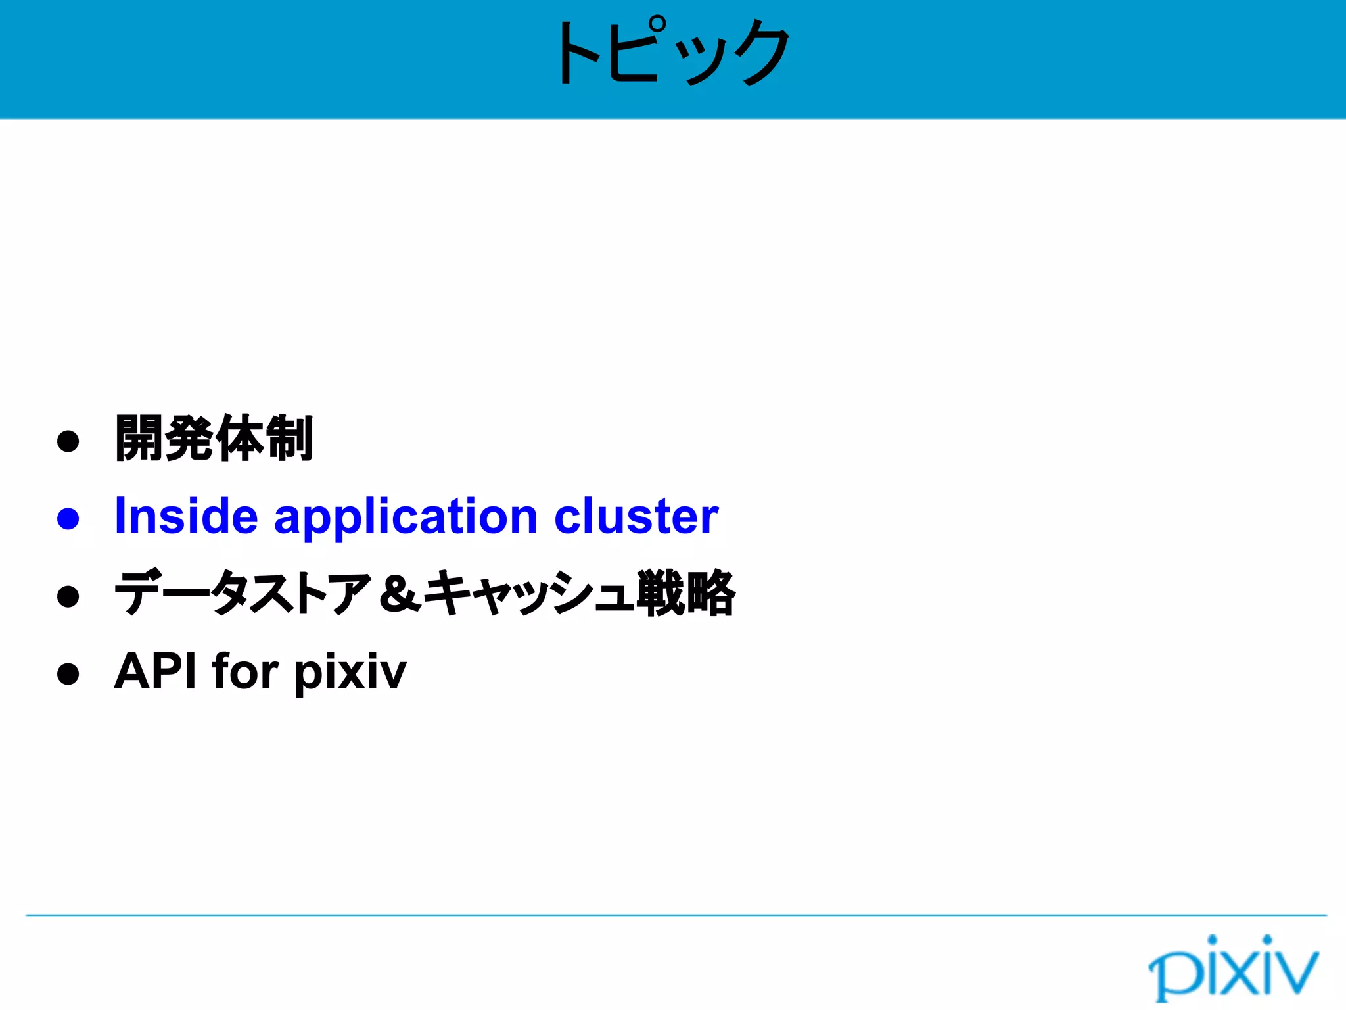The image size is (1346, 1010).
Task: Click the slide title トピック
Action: tap(672, 53)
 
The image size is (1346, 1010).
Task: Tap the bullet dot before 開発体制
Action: tap(68, 441)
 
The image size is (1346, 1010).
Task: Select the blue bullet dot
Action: tap(68, 518)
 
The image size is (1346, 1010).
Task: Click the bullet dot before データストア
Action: tap(68, 596)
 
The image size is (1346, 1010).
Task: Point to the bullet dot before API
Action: tap(68, 673)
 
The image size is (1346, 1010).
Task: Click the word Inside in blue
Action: tap(186, 517)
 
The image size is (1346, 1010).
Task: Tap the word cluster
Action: tap(636, 517)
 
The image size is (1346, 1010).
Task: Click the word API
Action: tap(155, 671)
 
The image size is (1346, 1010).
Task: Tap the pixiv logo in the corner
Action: tap(1233, 968)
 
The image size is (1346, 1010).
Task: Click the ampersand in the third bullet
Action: tap(400, 594)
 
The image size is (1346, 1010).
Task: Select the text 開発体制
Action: tap(214, 439)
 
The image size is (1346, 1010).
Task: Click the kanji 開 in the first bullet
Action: tap(139, 439)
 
